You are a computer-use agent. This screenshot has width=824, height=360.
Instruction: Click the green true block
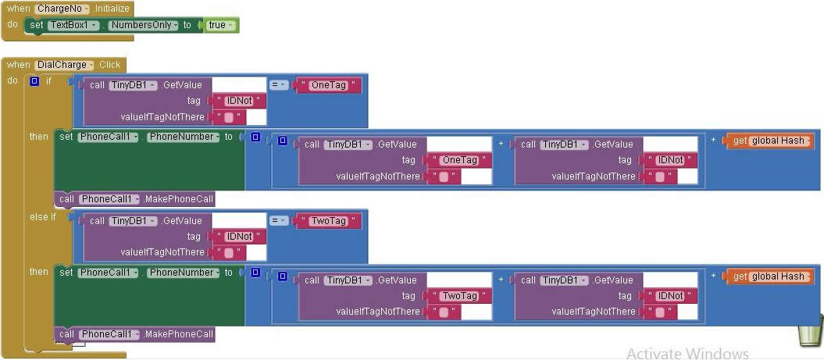coord(219,25)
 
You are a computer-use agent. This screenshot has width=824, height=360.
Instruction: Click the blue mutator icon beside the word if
coord(34,81)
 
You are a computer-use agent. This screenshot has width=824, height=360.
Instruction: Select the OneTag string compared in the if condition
coord(327,85)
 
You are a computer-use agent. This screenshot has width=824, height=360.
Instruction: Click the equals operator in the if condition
coord(279,85)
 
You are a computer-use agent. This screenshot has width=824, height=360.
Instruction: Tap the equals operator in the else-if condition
coord(279,221)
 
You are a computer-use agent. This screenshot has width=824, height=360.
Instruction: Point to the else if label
coord(43,217)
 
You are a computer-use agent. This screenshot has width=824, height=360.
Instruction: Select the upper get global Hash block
coord(769,141)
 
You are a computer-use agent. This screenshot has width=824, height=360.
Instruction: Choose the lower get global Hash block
coord(769,276)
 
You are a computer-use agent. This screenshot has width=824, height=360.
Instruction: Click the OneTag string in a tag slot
coord(459,160)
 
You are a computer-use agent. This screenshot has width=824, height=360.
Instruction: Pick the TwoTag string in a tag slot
coord(459,296)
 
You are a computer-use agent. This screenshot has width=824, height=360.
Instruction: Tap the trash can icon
coord(808,331)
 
